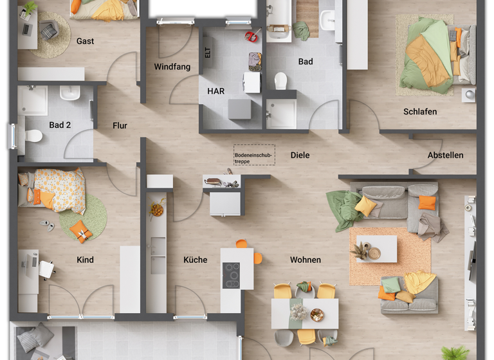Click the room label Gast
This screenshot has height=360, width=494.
(85, 41)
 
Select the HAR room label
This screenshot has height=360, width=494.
(215, 91)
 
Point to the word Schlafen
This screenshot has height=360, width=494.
(420, 111)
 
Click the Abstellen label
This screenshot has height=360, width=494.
(445, 156)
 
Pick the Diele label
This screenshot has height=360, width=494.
(300, 155)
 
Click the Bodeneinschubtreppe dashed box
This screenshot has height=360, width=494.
(253, 154)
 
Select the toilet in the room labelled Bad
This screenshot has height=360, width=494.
(280, 80)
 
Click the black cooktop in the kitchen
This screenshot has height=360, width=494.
(231, 276)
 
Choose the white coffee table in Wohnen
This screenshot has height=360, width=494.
(376, 249)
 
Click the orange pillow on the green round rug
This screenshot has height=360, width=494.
(80, 231)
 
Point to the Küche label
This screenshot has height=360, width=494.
(195, 260)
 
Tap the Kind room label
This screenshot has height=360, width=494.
(85, 260)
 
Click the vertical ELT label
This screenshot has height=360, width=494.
(208, 53)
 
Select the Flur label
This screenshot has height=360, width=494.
(120, 125)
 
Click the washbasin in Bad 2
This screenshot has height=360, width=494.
(69, 94)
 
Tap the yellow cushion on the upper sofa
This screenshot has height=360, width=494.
(365, 206)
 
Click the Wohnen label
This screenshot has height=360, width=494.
(305, 260)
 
